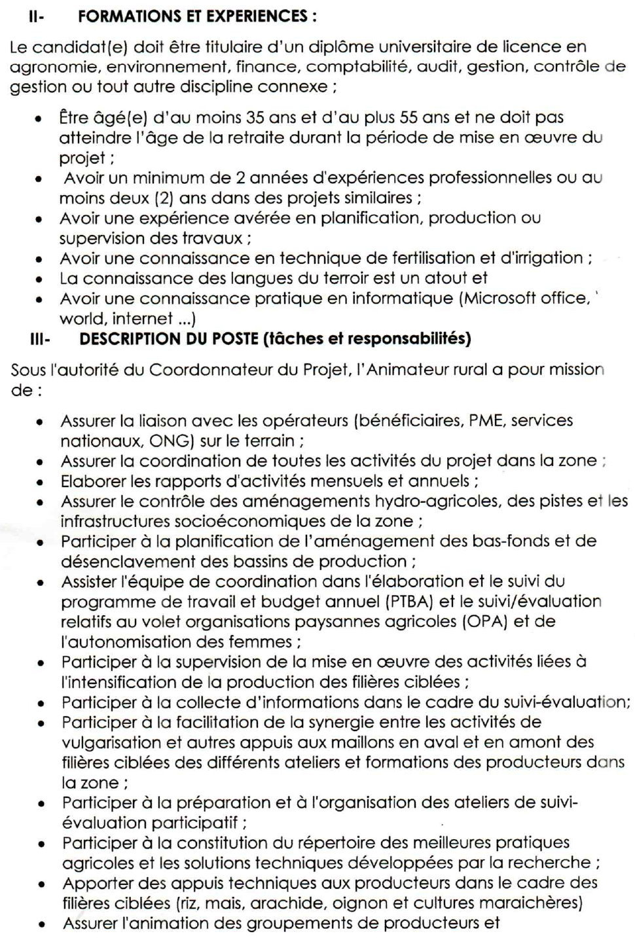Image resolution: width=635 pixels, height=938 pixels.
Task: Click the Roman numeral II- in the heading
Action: tap(36, 17)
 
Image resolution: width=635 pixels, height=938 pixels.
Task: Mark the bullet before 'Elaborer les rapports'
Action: tap(41, 482)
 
